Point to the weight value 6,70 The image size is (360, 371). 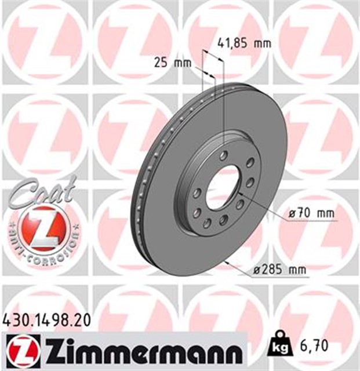[x=318, y=346]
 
